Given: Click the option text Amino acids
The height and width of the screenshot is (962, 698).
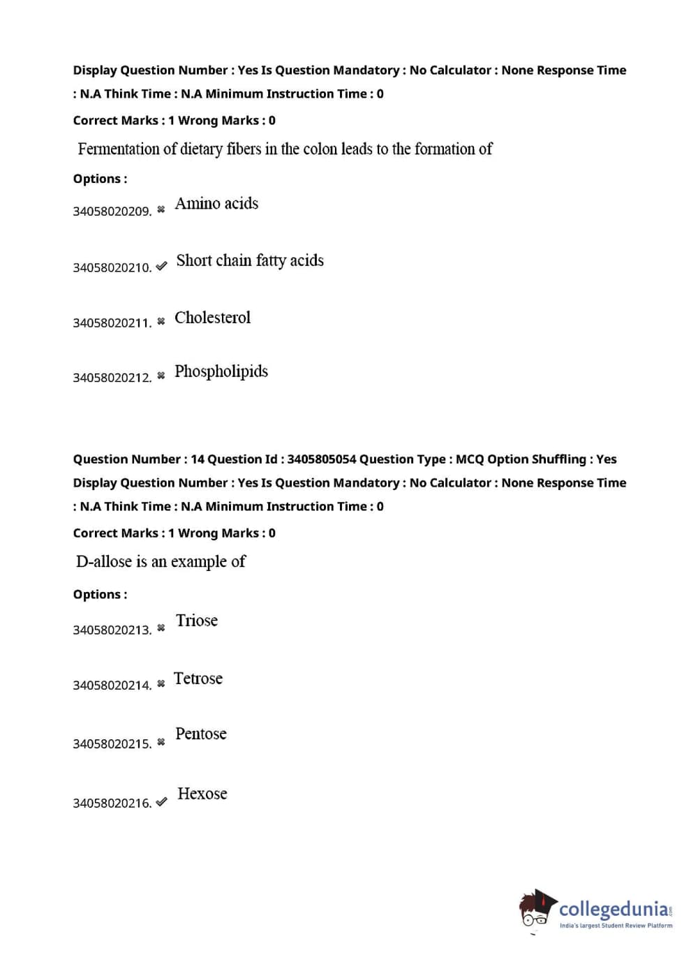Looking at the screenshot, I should coord(216,204).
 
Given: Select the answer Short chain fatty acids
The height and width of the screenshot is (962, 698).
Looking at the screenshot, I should coord(250,260).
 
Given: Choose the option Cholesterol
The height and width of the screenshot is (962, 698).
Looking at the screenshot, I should coord(212,318).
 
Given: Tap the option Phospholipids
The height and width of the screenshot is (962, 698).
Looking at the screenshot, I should coord(221,371).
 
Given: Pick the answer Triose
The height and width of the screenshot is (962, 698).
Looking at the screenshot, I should coord(197,621).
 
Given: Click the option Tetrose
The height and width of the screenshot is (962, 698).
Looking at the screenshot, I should coord(198,679).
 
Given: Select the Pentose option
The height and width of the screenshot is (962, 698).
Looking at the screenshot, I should coord(201,734).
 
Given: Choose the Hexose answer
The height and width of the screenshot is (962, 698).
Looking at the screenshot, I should coord(202,794).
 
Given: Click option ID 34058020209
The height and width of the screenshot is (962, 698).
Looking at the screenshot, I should coord(112,212).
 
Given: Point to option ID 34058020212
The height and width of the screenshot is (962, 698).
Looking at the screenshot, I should coord(112,378).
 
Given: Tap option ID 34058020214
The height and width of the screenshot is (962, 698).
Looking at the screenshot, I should coord(112,686).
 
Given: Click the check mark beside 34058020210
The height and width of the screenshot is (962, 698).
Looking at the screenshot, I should coord(161,266).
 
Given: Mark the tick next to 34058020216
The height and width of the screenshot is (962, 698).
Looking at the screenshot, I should coord(161,802).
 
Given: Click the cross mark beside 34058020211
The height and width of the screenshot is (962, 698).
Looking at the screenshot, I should coord(161,321).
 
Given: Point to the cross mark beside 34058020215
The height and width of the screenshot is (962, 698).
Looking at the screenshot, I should coord(161,742).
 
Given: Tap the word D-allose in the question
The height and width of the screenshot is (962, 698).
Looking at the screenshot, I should coord(103,562).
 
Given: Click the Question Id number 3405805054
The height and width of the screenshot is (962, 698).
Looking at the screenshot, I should coord(321,459).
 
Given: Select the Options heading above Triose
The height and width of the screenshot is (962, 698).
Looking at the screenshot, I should coord(100,595).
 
